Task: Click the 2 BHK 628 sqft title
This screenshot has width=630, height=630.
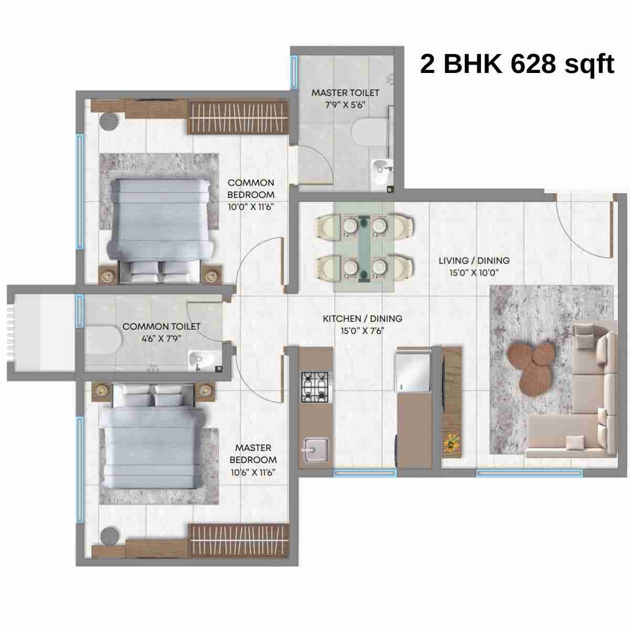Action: [517, 65]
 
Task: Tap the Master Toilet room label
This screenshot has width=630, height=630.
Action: [345, 93]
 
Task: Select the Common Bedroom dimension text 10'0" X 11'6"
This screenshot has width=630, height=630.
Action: [251, 206]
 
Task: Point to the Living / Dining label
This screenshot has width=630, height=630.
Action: [474, 260]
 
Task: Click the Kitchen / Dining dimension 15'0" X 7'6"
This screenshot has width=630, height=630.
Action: [362, 331]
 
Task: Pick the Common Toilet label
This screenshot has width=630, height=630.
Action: [161, 327]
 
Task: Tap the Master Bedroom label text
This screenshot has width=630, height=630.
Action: [253, 454]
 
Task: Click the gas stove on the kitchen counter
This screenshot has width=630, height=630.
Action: [314, 387]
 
